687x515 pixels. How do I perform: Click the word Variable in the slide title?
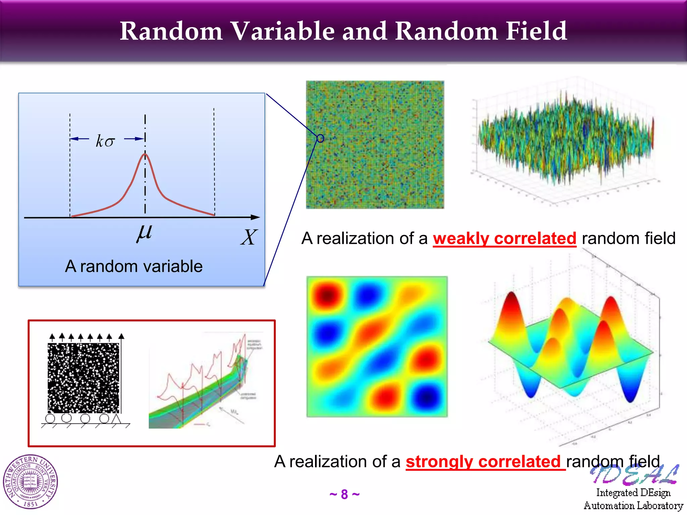pos(283,31)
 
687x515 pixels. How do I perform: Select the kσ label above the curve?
pos(105,141)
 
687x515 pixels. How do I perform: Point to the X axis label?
pos(249,237)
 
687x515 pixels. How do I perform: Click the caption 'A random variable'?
pos(134,266)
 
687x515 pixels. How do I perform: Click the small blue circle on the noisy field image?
pos(320,138)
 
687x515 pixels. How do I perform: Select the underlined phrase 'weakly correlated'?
pos(504,239)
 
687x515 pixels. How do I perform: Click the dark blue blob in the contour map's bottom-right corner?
pos(427,397)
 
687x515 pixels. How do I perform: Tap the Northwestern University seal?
pos(31,482)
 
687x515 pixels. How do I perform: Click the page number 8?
pos(345,495)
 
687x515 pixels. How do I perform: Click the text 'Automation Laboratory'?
pos(633,506)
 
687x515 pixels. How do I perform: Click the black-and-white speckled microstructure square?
pos(84,378)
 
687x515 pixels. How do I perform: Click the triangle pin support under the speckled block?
pos(116,418)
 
